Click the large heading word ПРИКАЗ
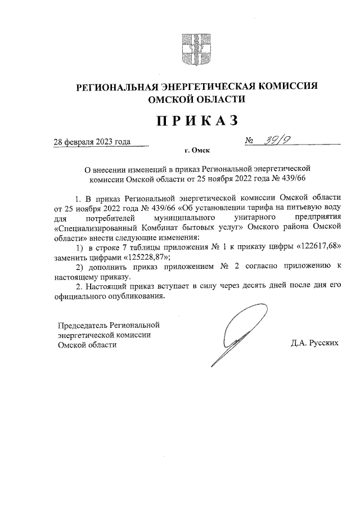pyautogui.click(x=196, y=120)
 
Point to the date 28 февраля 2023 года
pyautogui.click(x=92, y=142)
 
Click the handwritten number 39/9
pyautogui.click(x=271, y=141)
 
